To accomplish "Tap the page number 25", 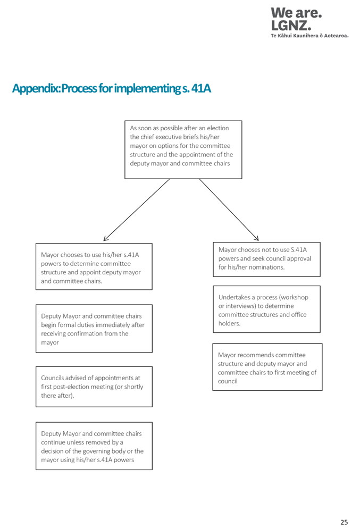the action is [x=344, y=522].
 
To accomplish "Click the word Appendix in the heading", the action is [x=36, y=89].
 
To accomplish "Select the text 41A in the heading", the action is [x=201, y=88].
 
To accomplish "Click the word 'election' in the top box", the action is [x=218, y=128].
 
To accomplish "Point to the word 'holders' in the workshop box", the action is [x=229, y=323].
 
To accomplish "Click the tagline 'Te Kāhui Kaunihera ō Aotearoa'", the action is [x=309, y=36].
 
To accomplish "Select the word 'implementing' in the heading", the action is [x=147, y=89].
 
